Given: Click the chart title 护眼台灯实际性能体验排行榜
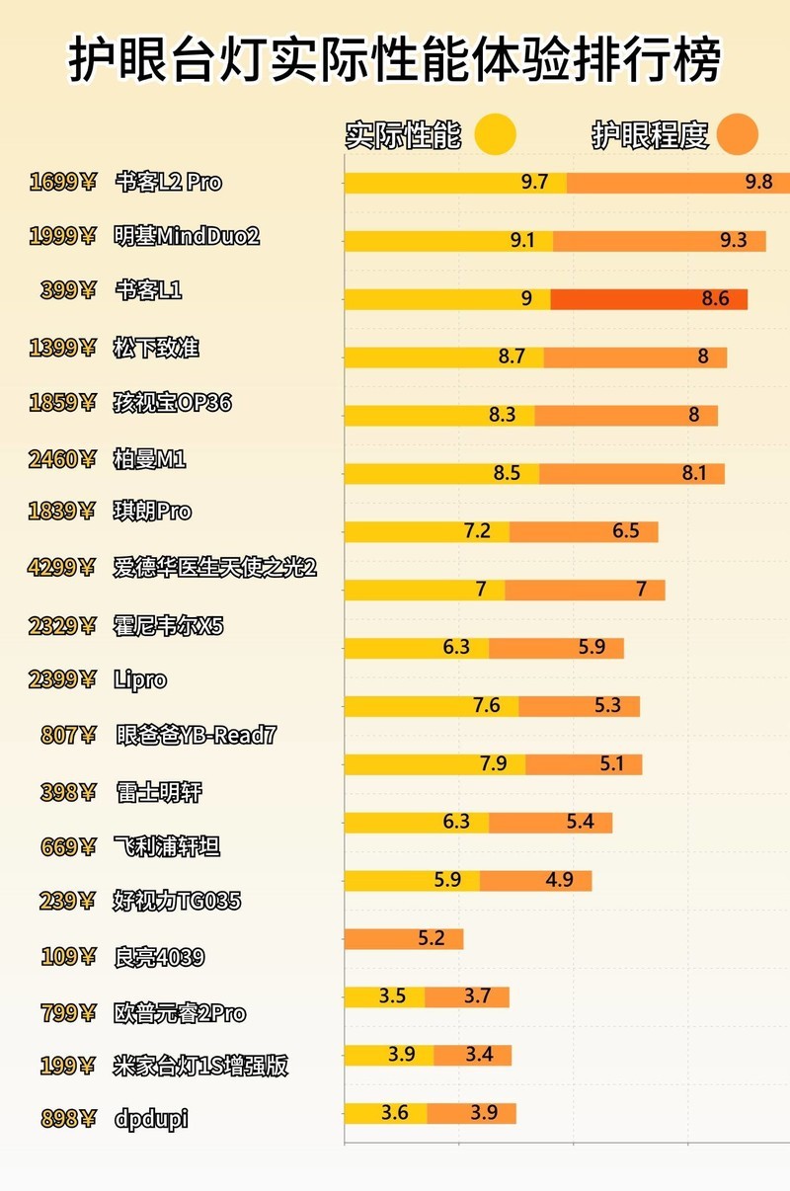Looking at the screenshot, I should (395, 61).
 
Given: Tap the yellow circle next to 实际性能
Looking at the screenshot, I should (495, 135).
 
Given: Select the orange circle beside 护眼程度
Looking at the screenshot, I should (738, 135).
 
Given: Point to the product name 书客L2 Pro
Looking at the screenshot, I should (168, 182).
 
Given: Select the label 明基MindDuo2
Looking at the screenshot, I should (187, 236).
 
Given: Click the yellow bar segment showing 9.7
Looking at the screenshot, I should (455, 183).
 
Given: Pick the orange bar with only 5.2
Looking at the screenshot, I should (403, 939).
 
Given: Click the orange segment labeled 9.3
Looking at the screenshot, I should (659, 241).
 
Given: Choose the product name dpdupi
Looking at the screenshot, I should (151, 1119).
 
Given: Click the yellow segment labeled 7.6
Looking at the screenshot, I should (432, 706).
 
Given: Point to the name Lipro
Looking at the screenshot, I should (140, 679).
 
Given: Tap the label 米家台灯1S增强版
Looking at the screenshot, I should (200, 1066).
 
